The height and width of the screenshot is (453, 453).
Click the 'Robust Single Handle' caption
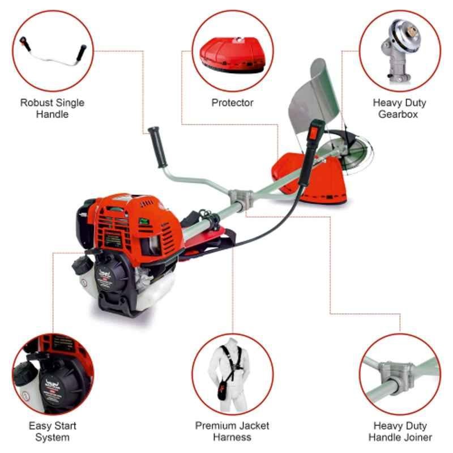[52, 108]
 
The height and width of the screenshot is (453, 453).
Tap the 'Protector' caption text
[233, 102]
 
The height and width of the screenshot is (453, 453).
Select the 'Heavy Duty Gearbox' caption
[399, 108]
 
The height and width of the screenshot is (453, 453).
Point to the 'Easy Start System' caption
[52, 431]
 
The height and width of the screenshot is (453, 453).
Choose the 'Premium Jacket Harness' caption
[232, 431]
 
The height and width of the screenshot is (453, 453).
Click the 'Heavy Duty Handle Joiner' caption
[400, 431]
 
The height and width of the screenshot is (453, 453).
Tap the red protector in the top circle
[233, 54]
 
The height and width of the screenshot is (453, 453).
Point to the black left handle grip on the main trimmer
[158, 147]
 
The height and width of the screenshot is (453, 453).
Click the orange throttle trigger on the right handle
[313, 133]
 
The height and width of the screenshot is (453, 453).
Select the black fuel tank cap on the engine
[82, 264]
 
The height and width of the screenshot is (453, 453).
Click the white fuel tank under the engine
[153, 292]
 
